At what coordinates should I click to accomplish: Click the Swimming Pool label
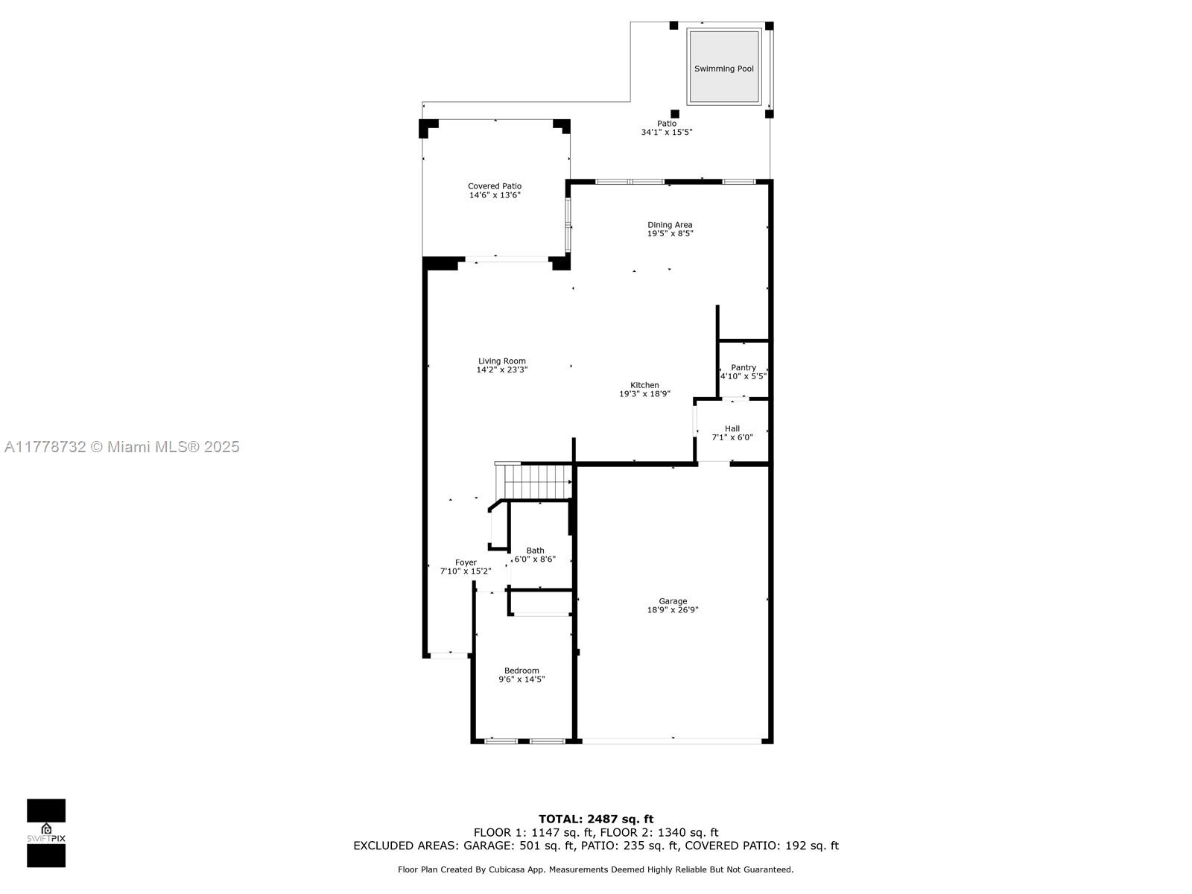(x=723, y=69)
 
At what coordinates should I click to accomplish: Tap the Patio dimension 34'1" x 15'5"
(x=667, y=133)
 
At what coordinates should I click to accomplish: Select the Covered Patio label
(x=495, y=186)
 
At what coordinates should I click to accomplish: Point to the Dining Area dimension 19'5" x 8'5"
(x=670, y=234)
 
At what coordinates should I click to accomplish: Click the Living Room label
(x=502, y=361)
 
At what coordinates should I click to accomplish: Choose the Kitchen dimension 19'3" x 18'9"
(x=644, y=394)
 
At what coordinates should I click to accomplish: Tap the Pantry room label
(x=743, y=367)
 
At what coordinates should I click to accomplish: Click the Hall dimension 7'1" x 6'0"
(x=732, y=437)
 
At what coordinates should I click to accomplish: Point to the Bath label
(x=535, y=551)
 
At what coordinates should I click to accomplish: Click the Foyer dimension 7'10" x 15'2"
(x=466, y=571)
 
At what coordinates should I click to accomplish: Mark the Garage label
(x=673, y=601)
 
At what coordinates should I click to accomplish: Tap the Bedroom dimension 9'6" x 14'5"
(x=521, y=679)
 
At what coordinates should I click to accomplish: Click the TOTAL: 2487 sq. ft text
(x=596, y=819)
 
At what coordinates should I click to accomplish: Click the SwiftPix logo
(x=46, y=833)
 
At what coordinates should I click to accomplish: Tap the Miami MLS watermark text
(x=121, y=447)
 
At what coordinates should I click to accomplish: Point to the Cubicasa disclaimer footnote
(x=596, y=869)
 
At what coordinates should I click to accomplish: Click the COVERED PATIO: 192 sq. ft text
(x=761, y=846)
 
